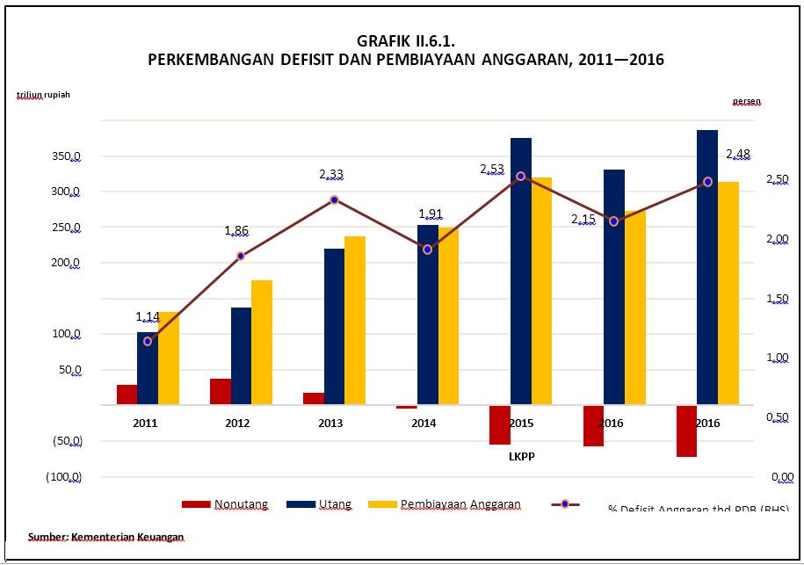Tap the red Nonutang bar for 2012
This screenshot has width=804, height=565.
221,392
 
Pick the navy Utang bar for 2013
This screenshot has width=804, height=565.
335,327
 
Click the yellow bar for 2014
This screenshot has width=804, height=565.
448,316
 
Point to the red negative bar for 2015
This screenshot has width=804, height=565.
500,425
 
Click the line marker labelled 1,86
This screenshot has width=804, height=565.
241,257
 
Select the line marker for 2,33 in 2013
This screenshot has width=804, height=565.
334,200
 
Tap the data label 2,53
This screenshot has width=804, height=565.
492,169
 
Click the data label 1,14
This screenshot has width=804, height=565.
148,316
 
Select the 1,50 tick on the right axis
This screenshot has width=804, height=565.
779,300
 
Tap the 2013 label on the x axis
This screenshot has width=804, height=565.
330,424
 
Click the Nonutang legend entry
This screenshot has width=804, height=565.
225,504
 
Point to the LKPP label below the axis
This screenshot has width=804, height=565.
521,456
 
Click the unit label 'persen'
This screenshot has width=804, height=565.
746,101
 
